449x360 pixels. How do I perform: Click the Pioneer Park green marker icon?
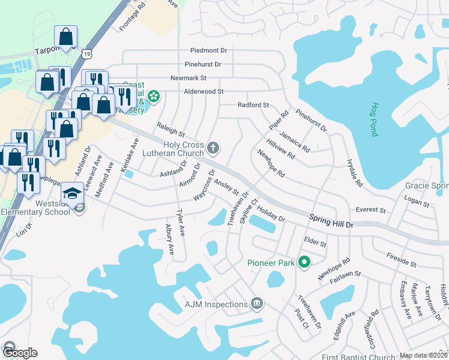pyautogui.click(x=304, y=262)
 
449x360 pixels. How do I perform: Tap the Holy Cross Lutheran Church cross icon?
pyautogui.click(x=212, y=148)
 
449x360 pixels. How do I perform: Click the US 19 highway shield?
pyautogui.click(x=88, y=55)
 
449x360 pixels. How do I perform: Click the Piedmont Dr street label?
pyautogui.click(x=208, y=51)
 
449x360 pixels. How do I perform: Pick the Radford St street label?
pyautogui.click(x=253, y=105)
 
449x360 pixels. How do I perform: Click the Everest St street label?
pyautogui.click(x=370, y=210)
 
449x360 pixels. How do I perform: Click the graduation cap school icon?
pyautogui.click(x=72, y=193)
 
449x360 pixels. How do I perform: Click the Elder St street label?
pyautogui.click(x=315, y=244)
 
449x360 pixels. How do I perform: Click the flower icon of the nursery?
pyautogui.click(x=154, y=96)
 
